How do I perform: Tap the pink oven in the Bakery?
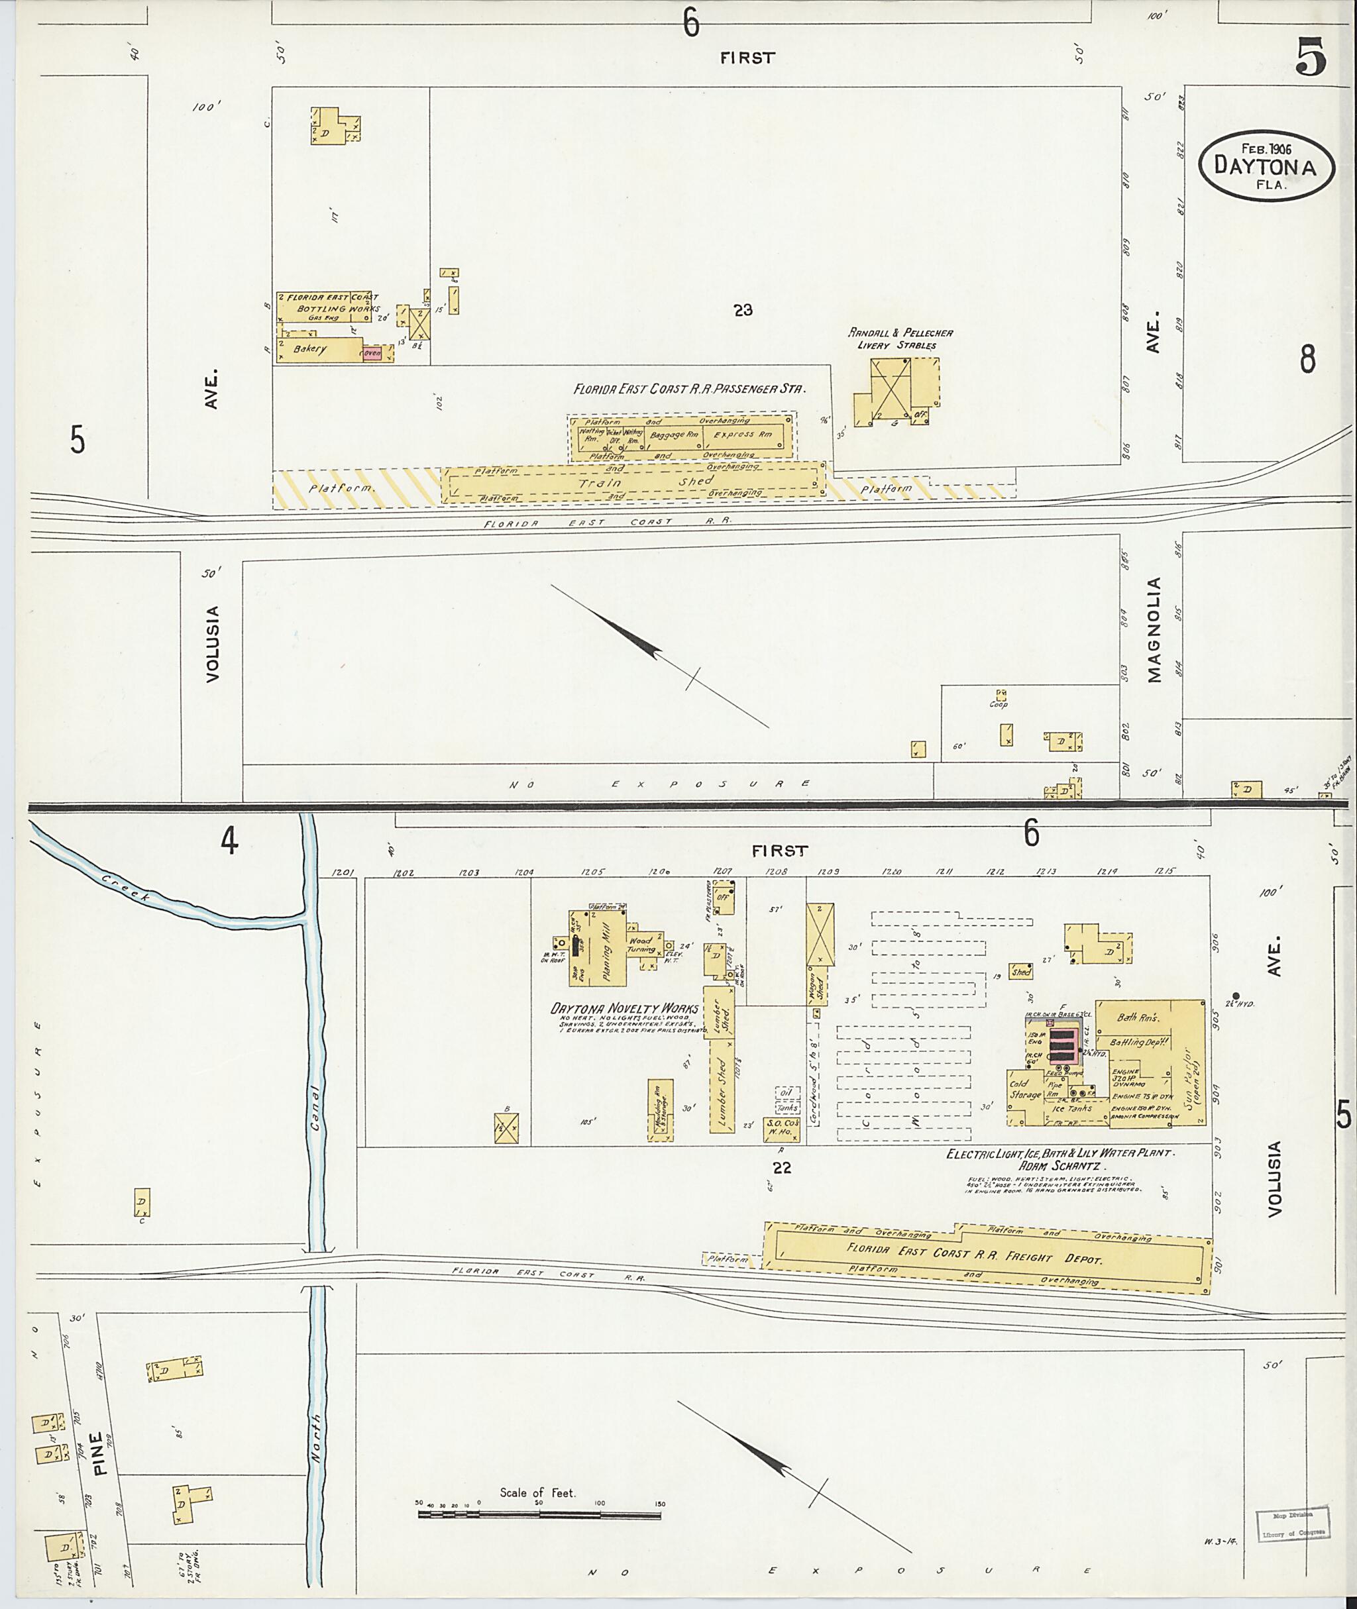(372, 354)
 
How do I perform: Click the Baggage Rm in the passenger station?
(674, 435)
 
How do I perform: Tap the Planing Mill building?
(606, 950)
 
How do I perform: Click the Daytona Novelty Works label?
(624, 1008)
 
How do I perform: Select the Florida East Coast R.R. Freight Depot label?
(975, 1255)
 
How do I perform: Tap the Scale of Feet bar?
(539, 1514)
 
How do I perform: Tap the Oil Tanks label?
(787, 1100)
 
